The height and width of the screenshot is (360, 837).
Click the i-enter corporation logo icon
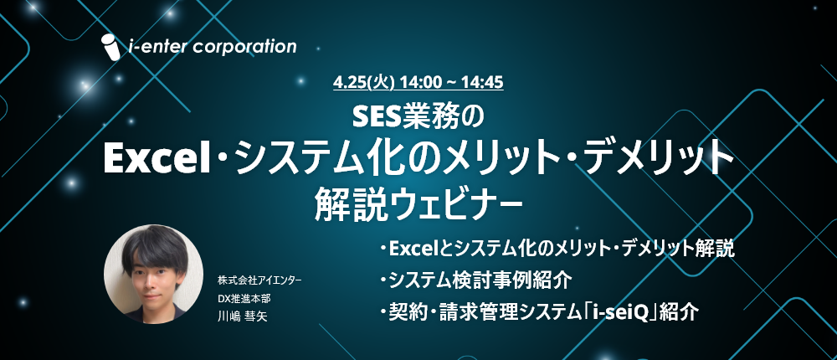(x=111, y=47)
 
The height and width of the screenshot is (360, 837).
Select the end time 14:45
(x=485, y=83)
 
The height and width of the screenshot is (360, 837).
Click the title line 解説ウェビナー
(x=418, y=205)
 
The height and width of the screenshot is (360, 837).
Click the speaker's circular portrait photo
(x=153, y=274)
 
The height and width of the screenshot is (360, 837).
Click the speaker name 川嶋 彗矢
(x=243, y=316)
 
